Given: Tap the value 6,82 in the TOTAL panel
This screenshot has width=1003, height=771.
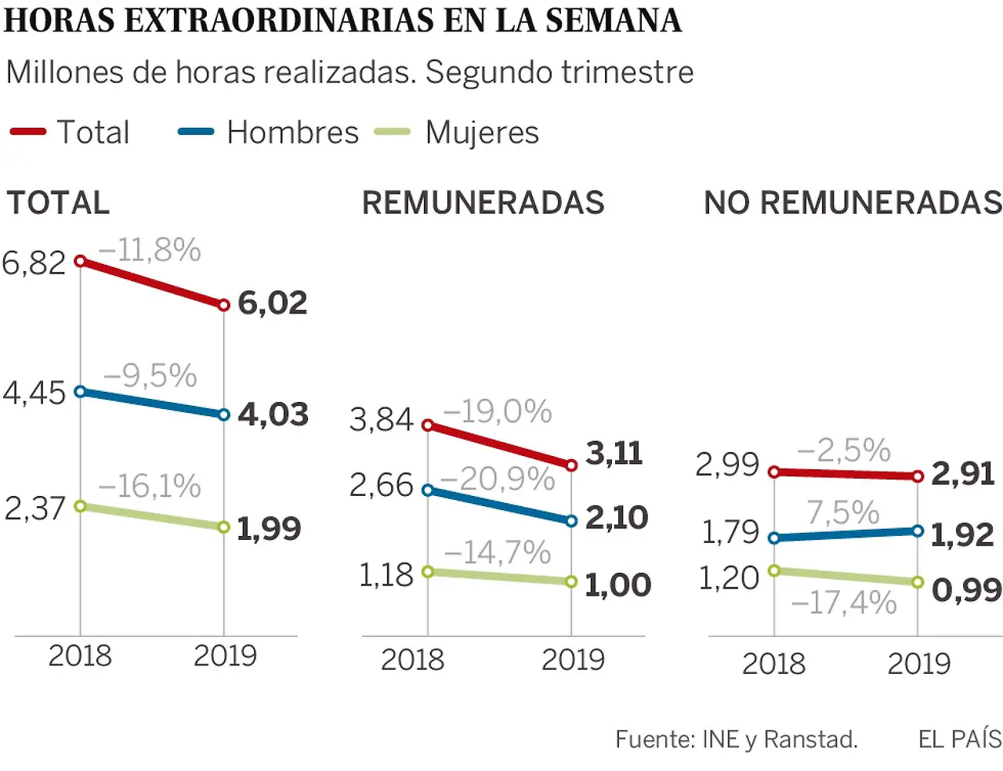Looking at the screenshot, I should [x=34, y=262].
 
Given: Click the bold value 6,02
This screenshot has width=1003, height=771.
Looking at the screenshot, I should [x=272, y=303].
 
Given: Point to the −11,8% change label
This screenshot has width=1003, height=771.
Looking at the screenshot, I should [x=150, y=251].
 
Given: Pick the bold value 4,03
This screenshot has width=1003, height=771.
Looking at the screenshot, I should [x=273, y=414].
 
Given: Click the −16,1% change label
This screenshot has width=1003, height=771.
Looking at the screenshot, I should [x=150, y=487].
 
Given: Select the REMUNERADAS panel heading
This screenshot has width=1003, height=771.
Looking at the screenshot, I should [x=483, y=203].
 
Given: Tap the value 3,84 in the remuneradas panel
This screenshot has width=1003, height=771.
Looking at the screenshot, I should [x=381, y=420].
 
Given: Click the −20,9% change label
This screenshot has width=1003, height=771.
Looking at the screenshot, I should [x=498, y=479].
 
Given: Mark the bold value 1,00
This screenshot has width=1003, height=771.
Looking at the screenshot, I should [x=617, y=585].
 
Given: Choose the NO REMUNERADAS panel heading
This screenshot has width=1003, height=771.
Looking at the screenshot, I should [x=853, y=203].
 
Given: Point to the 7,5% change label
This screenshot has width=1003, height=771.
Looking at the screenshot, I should [x=843, y=513].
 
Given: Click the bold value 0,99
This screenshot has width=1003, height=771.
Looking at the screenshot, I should [x=966, y=590].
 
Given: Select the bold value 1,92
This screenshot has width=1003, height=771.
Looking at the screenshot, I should [x=962, y=535].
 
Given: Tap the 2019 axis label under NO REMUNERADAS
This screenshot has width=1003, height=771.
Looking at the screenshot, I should [x=918, y=664].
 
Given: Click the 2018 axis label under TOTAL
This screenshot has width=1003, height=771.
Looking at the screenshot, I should [x=80, y=656].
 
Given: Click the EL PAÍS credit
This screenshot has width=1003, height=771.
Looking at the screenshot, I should [x=960, y=739].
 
